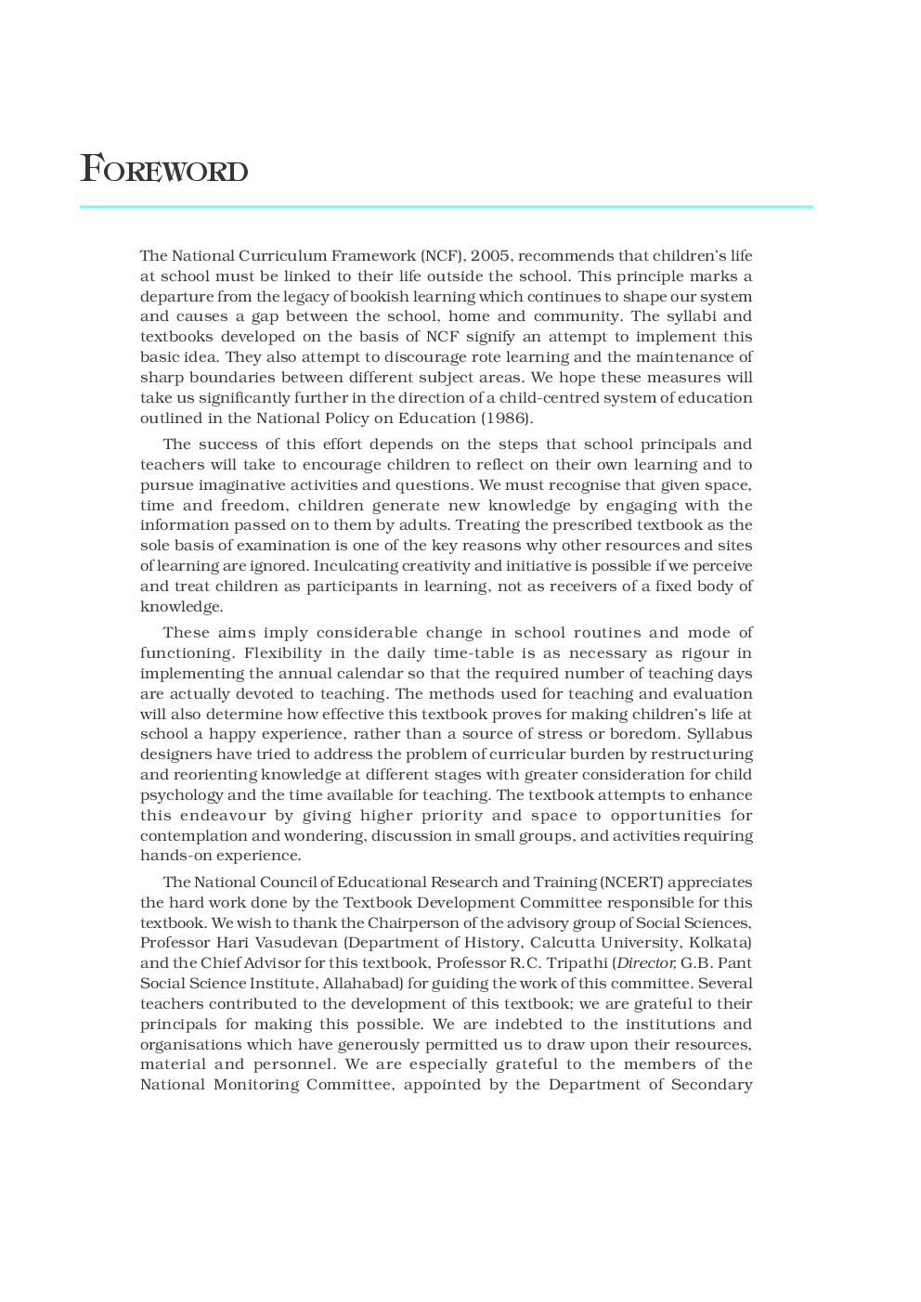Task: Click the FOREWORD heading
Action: coord(164,170)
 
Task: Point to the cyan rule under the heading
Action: coord(446,207)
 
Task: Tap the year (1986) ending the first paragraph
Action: coord(506,419)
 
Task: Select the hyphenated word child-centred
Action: coord(551,398)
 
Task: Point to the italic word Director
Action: coord(646,963)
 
